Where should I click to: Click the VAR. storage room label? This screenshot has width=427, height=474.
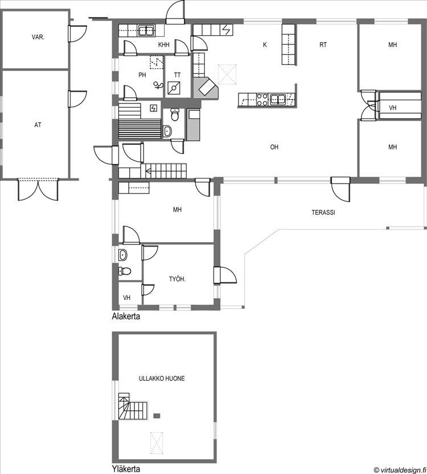pyautogui.click(x=38, y=38)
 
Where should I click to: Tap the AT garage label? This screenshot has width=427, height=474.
pyautogui.click(x=38, y=124)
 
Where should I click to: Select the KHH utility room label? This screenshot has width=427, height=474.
pyautogui.click(x=163, y=45)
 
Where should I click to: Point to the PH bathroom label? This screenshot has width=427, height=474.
pyautogui.click(x=142, y=75)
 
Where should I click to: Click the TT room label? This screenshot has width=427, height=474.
pyautogui.click(x=177, y=75)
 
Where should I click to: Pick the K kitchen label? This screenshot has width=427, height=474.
pyautogui.click(x=265, y=45)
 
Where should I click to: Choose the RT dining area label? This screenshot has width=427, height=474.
pyautogui.click(x=323, y=45)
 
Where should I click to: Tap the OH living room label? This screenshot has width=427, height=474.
pyautogui.click(x=274, y=147)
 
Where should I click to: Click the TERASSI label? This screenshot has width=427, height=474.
pyautogui.click(x=323, y=213)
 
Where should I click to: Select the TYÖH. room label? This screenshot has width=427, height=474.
pyautogui.click(x=177, y=279)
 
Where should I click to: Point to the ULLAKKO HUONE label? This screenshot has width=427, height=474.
pyautogui.click(x=162, y=379)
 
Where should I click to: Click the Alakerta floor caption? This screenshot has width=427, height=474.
pyautogui.click(x=126, y=317)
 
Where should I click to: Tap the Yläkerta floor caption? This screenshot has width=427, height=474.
pyautogui.click(x=126, y=469)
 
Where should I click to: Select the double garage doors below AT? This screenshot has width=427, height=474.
pyautogui.click(x=38, y=189)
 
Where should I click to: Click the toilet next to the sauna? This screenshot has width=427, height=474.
pyautogui.click(x=175, y=115)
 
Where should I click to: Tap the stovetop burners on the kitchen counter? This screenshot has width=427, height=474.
pyautogui.click(x=262, y=100)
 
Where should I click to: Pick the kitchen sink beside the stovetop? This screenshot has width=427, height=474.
pyautogui.click(x=278, y=99)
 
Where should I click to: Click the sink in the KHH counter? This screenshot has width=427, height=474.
pyautogui.click(x=147, y=31)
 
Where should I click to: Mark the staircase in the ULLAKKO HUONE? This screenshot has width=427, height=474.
pyautogui.click(x=133, y=406)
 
